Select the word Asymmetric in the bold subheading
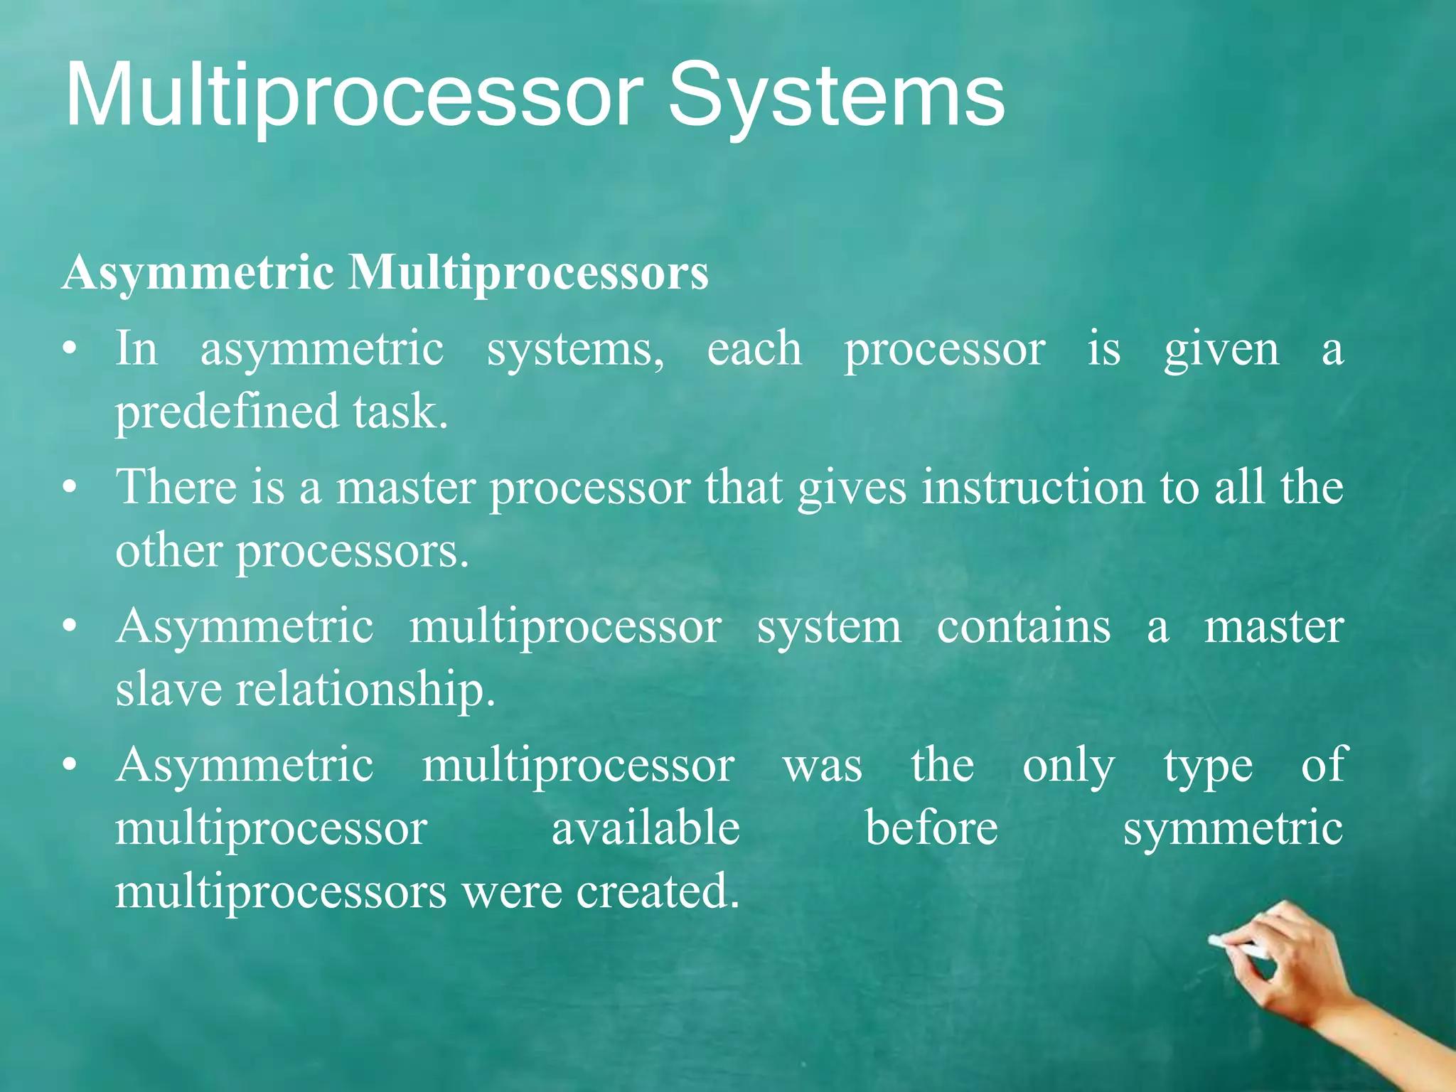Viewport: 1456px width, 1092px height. coord(198,274)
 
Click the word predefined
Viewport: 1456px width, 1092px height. coord(227,412)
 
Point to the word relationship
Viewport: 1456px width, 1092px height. coord(365,690)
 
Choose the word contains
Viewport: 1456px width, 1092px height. coord(1023,627)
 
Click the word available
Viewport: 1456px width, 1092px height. coord(646,829)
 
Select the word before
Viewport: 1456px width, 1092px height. coord(931,829)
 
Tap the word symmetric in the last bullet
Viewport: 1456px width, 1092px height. coord(1233,829)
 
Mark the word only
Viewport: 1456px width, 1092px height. coord(1069,766)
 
